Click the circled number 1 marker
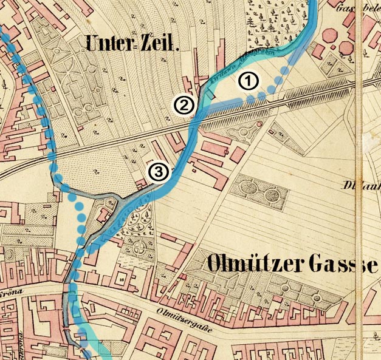(x=249, y=80)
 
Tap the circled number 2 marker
(x=184, y=105)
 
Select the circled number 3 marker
(x=157, y=172)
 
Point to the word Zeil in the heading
(x=160, y=44)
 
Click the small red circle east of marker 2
(x=259, y=124)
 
